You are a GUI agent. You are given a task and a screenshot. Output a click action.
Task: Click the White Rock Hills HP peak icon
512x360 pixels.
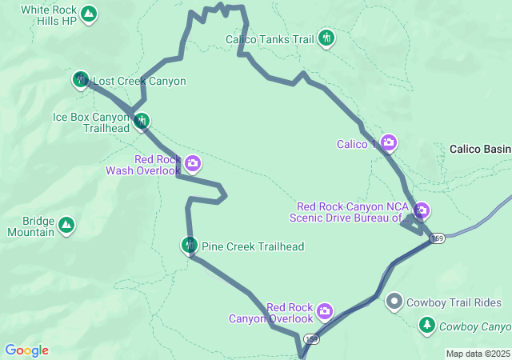pos(89,14)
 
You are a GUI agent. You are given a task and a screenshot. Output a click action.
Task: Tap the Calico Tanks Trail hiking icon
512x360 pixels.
pos(326,38)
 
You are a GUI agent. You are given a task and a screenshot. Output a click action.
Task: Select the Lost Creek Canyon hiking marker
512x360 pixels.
pos(81,79)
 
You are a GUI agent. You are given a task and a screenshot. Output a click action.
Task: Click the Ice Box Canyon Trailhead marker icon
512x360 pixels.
pos(142,122)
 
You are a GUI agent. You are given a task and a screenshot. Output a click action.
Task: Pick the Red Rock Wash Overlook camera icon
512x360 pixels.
pos(192,164)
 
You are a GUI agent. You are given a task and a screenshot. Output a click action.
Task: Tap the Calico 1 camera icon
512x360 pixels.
pos(389,143)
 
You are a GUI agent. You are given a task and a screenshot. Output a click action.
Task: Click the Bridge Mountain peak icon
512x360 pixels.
pos(66,226)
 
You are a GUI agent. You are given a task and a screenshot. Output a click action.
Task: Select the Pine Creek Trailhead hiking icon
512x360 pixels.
pos(190,245)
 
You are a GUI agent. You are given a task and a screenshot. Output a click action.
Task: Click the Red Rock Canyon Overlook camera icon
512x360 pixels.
pos(324,310)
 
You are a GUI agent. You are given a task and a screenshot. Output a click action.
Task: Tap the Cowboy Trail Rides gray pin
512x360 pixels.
pos(394,302)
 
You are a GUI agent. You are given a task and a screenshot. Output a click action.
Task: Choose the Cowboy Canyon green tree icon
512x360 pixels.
pos(427,325)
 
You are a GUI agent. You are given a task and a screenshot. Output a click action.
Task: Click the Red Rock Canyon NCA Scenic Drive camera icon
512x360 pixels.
pos(422,211)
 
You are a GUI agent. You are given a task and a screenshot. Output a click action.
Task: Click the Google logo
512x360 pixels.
pos(26,350)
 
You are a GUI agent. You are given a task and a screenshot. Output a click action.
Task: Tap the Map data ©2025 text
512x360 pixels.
pos(477,354)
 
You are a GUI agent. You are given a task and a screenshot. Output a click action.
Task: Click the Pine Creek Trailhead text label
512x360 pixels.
pos(253,246)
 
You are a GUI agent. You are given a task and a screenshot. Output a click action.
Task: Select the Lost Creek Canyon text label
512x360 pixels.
pos(140,81)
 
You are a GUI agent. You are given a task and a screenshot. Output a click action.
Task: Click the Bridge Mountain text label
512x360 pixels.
pos(27,226)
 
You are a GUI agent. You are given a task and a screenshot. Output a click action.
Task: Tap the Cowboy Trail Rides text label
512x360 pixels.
pos(454,302)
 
